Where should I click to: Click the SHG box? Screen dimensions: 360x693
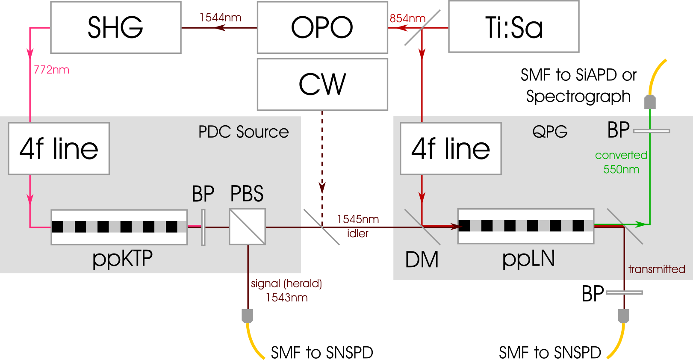115,28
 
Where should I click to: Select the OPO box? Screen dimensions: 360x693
322,28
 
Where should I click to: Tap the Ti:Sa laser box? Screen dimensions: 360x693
513,27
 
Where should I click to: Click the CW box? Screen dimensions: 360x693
322,84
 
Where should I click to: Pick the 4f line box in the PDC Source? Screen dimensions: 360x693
59,148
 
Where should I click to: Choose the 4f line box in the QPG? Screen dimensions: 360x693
450,148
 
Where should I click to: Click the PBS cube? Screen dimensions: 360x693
247,227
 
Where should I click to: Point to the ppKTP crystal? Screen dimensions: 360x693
119,227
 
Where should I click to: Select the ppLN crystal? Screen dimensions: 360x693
525,226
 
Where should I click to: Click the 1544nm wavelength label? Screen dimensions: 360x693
220,18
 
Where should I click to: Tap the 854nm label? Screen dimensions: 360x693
407,18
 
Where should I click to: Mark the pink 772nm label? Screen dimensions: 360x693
51,70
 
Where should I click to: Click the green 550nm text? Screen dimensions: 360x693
621,169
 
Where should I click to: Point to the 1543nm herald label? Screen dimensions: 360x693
286,298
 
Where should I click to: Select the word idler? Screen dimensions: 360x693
357,233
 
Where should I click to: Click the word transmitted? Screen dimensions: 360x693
656,269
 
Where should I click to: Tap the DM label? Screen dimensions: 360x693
422,260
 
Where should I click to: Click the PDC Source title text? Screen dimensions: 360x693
243,132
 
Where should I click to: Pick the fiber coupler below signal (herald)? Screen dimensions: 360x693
248,316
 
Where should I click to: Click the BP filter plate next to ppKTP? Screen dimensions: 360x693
203,227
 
